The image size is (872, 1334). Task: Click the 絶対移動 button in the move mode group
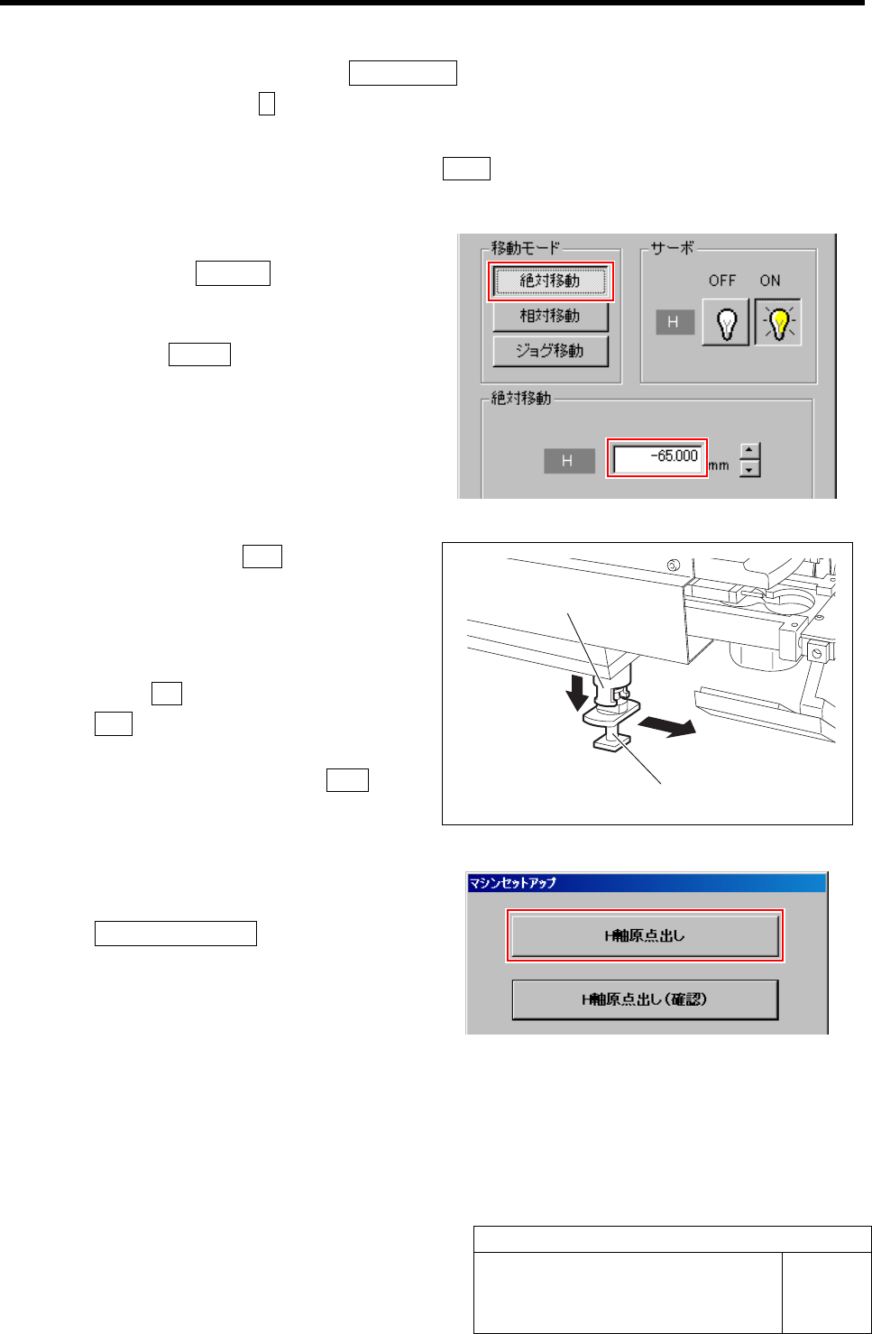pos(550,281)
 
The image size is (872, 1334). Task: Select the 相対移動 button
pos(550,317)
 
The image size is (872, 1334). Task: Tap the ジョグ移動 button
pos(550,351)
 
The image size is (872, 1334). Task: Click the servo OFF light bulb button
pos(726,322)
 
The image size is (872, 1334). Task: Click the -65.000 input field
pos(656,457)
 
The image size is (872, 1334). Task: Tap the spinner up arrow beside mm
pos(749,450)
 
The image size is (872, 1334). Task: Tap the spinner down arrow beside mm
pos(749,468)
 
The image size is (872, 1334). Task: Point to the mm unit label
pos(719,465)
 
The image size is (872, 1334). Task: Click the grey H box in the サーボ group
pos(673,322)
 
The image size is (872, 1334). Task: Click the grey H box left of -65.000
pos(568,461)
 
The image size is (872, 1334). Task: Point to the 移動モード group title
pos(526,248)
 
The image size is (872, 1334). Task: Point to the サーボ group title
pos(673,248)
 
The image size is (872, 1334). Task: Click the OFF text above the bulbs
pos(722,281)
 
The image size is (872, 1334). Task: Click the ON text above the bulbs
pos(770,281)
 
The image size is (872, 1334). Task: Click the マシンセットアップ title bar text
pos(512,883)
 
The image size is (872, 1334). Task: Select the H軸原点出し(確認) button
pos(645,999)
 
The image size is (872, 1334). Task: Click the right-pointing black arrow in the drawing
pos(667,727)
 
